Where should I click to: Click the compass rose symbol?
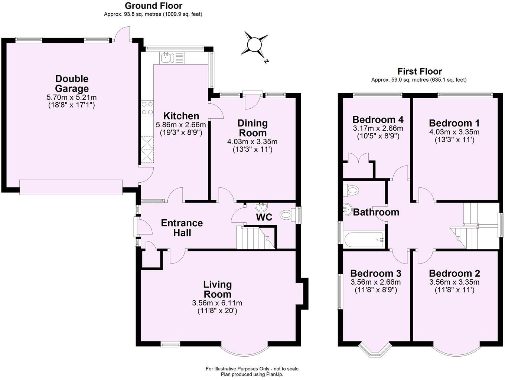[255, 45]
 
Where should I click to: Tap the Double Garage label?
[72, 83]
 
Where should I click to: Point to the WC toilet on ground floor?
[286, 214]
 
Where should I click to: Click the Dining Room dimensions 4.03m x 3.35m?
[252, 142]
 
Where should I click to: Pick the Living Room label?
[217, 289]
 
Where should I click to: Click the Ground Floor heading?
[153, 6]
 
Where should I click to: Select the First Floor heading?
[420, 71]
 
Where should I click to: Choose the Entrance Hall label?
[182, 227]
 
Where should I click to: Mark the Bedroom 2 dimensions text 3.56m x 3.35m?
[454, 282]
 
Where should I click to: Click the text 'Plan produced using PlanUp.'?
[252, 374]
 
